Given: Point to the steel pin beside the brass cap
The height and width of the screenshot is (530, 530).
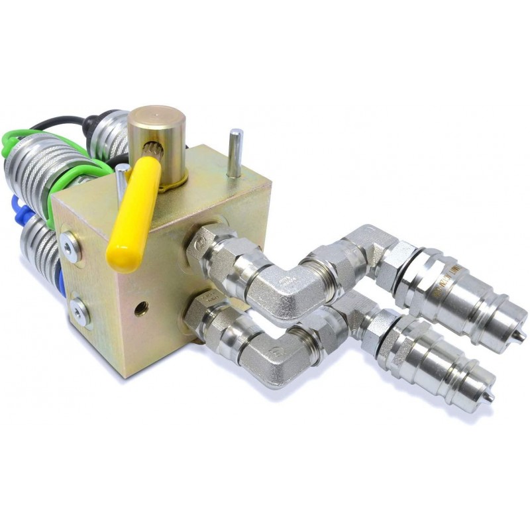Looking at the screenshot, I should [235, 154].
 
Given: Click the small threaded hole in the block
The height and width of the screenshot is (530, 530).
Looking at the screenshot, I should [140, 307].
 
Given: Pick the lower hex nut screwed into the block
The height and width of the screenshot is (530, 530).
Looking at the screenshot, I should [202, 317].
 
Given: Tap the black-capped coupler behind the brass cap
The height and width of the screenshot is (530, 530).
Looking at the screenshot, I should [109, 136].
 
